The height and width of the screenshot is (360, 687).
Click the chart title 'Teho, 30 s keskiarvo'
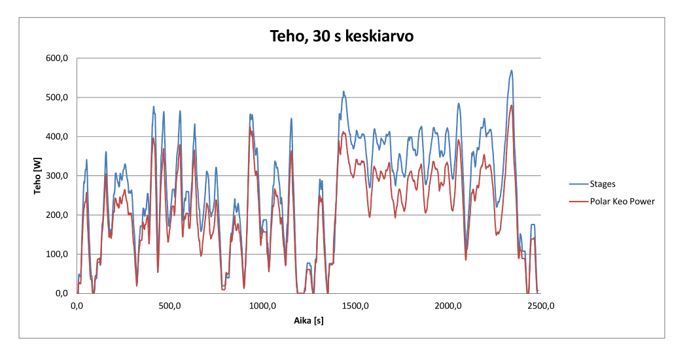click(342, 37)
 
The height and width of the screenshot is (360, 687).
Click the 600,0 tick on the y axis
click(58, 58)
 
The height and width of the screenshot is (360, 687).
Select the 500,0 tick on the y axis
click(58, 98)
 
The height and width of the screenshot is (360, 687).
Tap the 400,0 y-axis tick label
click(58, 137)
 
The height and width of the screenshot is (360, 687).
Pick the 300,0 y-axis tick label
click(58, 176)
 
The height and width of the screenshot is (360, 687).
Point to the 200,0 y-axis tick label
click(58, 215)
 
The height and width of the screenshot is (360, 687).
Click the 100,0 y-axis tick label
click(58, 255)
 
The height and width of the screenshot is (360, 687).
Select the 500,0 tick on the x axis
click(169, 306)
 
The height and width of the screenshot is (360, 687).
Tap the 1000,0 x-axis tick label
click(262, 306)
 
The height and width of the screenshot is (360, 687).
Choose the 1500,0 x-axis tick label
click(355, 306)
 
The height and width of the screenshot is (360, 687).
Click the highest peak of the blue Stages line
click(512, 71)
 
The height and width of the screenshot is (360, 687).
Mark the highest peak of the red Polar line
click(512, 105)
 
